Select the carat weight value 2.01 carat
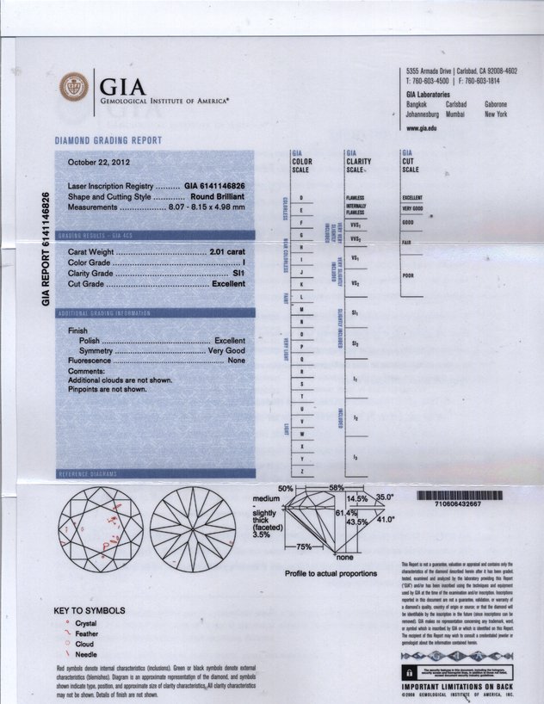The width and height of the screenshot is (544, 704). pyautogui.click(x=227, y=250)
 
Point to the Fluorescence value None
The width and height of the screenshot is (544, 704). pyautogui.click(x=237, y=361)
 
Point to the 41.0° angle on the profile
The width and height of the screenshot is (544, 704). pyautogui.click(x=384, y=519)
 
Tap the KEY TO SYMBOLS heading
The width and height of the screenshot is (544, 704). pyautogui.click(x=90, y=611)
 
